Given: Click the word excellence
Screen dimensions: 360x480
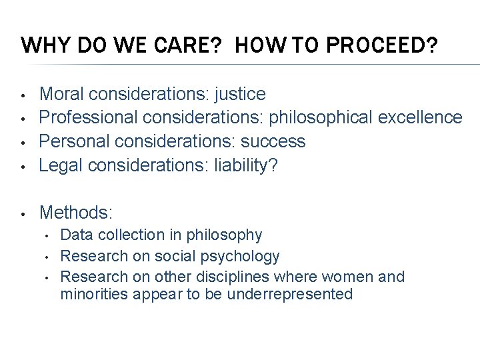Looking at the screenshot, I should [x=419, y=118].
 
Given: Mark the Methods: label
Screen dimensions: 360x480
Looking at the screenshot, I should [x=77, y=213].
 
